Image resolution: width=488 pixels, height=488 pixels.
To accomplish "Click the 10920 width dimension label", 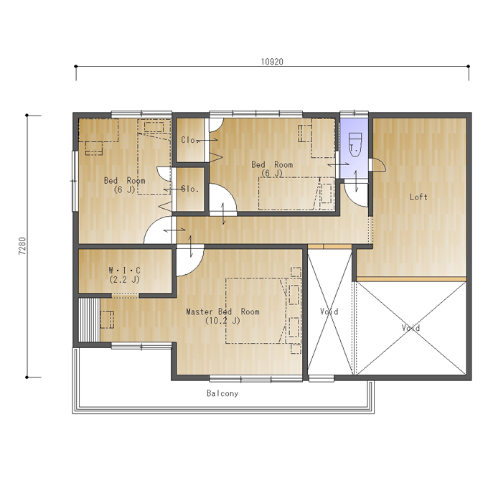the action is [272, 62].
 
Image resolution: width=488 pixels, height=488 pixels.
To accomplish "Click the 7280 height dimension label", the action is [22, 246].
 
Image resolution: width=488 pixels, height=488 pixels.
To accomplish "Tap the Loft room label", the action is [418, 197].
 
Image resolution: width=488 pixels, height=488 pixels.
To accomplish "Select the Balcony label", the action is [222, 393].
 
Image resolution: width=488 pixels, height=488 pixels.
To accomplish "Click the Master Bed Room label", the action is [223, 311].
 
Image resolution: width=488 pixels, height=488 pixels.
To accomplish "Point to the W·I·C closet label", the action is [124, 270].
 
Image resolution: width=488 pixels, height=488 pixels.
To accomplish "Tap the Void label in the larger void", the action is [410, 328].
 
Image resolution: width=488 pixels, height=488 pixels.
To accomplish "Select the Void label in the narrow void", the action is [329, 311].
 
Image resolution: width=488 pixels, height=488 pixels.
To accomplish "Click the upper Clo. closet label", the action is [190, 140].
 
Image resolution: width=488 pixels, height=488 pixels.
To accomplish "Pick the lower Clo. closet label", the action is [190, 189].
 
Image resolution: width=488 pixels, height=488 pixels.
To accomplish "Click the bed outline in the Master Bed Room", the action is [255, 311].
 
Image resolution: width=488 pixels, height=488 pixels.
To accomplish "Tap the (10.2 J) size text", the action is [223, 321].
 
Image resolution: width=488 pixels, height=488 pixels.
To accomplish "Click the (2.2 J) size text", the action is [124, 279].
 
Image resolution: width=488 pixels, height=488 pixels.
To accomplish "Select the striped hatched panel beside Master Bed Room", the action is [89, 320].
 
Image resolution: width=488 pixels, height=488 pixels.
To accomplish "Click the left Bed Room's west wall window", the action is [75, 181].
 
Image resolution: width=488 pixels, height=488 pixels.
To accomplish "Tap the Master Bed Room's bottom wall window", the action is [255, 378].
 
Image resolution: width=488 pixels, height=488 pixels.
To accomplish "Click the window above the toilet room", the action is [355, 114].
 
